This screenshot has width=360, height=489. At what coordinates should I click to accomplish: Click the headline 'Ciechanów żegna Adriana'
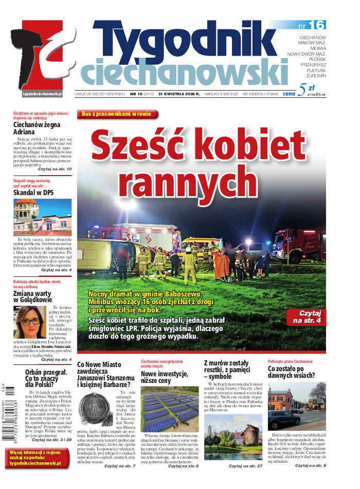[x=37, y=128]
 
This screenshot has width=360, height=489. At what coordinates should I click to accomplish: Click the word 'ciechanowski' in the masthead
[x=184, y=71]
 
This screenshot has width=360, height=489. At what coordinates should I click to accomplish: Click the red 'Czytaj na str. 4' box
[x=307, y=316]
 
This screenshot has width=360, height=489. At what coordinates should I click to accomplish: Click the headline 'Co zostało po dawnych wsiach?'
[x=292, y=372]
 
